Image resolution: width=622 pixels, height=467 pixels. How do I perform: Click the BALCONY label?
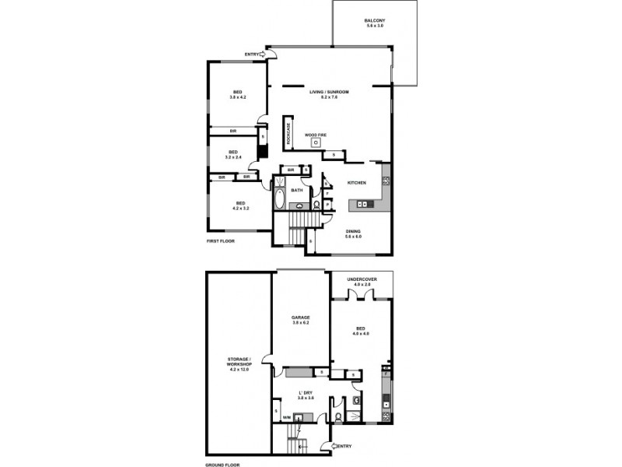tap(374, 20)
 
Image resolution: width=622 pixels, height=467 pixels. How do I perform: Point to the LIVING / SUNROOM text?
tap(329, 92)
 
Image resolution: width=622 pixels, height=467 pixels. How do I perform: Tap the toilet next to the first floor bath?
tap(316, 205)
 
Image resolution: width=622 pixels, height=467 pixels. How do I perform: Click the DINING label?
tap(352, 230)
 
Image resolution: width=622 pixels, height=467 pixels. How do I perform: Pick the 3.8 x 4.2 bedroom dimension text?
tap(237, 97)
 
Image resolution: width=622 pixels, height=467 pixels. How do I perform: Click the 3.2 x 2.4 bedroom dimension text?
tap(232, 157)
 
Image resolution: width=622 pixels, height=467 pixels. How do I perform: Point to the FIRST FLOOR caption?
tap(220, 241)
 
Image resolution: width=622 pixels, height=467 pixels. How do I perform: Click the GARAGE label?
tap(301, 318)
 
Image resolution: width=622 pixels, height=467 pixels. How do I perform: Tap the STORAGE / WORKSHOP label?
tap(238, 366)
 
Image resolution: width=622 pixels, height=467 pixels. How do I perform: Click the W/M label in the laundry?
tap(286, 418)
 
